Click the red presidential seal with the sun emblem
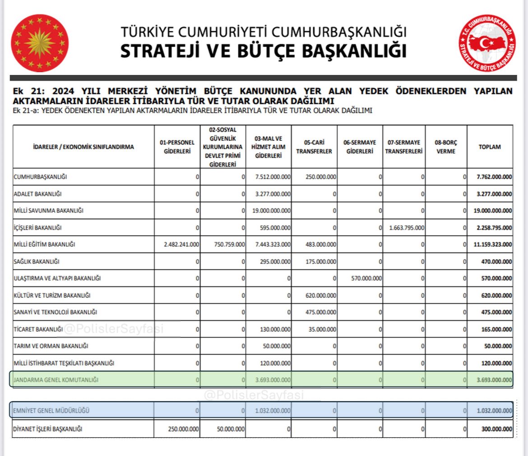40,43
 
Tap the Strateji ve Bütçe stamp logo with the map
487,43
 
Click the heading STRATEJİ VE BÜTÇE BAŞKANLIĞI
263,51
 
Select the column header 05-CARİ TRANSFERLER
314,147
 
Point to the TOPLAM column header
490,147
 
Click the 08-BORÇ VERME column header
446,147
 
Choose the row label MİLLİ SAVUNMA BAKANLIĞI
49,211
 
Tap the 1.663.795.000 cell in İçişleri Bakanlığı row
406,228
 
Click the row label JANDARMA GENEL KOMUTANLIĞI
56,380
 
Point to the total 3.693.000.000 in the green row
494,380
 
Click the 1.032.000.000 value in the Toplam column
494,411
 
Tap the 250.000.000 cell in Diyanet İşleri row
182,429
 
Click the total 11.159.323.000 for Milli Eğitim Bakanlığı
492,244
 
